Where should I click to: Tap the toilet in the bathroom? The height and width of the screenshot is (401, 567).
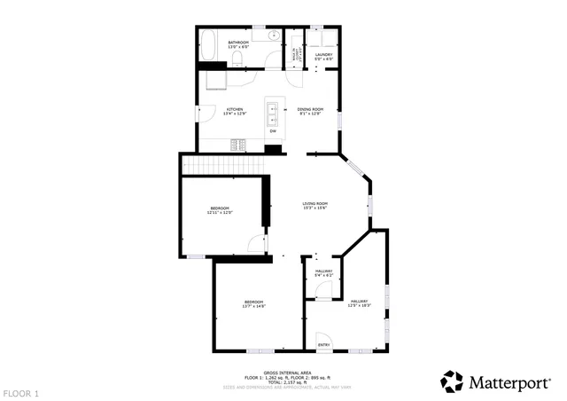click(x=238, y=59)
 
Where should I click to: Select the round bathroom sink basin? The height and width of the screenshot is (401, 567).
click(x=274, y=36)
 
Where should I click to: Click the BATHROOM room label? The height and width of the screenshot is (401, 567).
click(x=238, y=42)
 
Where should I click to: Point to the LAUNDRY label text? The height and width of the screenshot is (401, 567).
click(x=323, y=54)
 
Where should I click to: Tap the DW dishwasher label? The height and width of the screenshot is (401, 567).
click(x=273, y=131)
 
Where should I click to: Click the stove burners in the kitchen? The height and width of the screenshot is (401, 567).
click(x=239, y=145)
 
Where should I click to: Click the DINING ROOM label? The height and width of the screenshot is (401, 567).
click(x=310, y=109)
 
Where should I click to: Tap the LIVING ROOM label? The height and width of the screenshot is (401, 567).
click(x=315, y=204)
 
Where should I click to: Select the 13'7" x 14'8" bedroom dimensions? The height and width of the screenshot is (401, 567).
click(x=255, y=306)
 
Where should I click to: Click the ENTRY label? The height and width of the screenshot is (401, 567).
click(x=323, y=344)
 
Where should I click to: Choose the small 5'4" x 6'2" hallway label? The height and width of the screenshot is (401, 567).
click(x=323, y=275)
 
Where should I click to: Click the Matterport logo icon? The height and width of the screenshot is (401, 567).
click(x=452, y=381)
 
